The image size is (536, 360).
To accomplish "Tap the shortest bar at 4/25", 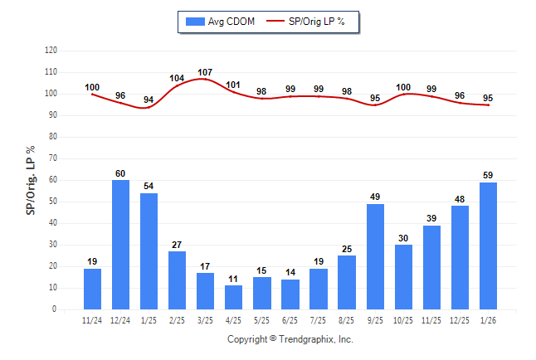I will [x=234, y=297].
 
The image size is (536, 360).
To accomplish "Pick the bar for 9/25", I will [x=375, y=256].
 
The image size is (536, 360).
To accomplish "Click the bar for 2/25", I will [x=178, y=280].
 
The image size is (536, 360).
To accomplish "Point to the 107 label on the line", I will [x=206, y=72].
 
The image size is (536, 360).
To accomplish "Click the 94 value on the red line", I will [x=149, y=100].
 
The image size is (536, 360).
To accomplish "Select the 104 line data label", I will [x=177, y=79].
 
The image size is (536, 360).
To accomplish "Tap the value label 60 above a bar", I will [x=121, y=173].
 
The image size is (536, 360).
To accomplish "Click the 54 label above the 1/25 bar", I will [x=149, y=187].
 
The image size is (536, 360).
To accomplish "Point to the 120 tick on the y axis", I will [x=51, y=51].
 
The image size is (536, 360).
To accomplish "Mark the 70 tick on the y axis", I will [x=53, y=158].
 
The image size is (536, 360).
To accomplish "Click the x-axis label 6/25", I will [x=290, y=320].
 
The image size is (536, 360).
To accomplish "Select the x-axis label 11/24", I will [x=93, y=320].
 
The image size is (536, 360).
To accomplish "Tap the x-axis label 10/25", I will [x=403, y=320].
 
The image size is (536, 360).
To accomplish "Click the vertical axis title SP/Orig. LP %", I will [x=31, y=179].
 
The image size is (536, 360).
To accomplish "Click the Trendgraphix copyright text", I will [x=290, y=339].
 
